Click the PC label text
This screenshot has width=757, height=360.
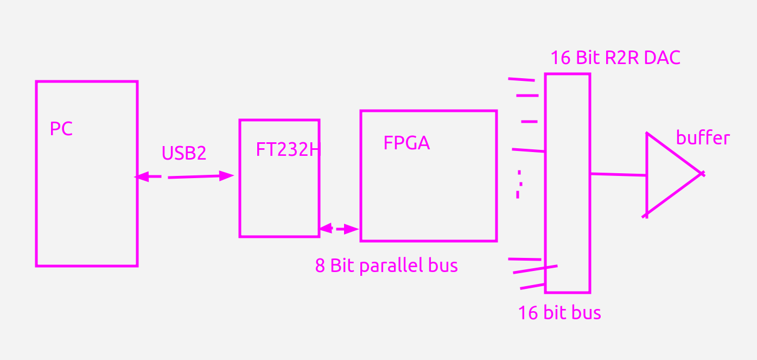pos(61,129)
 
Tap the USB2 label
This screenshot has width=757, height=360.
pos(184,153)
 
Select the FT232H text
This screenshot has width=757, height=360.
pos(288,150)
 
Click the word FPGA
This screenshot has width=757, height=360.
pos(406,143)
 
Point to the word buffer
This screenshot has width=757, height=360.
pos(702,138)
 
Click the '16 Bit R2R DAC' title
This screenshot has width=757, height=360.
pos(615,58)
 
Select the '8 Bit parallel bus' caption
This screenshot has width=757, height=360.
pos(386,266)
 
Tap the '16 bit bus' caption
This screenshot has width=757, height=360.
pos(559,313)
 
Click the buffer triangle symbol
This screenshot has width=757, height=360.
pos(667,174)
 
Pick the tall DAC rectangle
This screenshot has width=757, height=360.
pos(568,183)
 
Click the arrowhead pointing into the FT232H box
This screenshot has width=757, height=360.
pos(227,175)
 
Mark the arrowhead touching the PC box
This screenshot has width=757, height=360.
pos(141,176)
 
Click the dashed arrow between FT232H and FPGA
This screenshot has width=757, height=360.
pos(339,229)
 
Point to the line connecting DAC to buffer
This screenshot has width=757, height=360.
pos(618,174)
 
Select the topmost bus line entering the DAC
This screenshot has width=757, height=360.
pos(521,80)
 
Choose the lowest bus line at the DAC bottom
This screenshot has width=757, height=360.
pos(532,286)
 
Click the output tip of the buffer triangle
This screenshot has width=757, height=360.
pos(702,174)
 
